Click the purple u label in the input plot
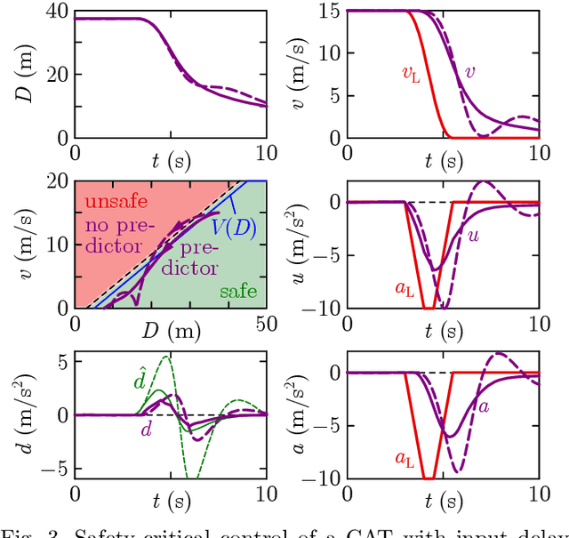pyautogui.click(x=472, y=237)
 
